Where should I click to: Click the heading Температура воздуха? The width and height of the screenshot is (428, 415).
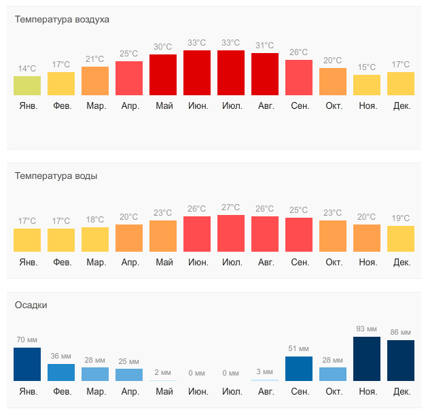(62, 19)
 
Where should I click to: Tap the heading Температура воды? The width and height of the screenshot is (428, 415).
(56, 176)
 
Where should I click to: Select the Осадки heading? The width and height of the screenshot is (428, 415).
(31, 305)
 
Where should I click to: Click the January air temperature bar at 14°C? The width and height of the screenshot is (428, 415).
(27, 86)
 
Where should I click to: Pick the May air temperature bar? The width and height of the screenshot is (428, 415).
(163, 75)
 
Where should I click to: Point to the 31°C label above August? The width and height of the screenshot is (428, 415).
(265, 46)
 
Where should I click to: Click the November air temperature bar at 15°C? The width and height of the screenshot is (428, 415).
(367, 85)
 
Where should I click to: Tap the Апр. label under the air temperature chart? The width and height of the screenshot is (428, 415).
(130, 106)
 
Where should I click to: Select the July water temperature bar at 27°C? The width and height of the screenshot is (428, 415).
(231, 233)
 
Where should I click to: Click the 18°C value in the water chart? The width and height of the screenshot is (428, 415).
(95, 220)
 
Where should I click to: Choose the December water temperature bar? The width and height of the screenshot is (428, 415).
(401, 239)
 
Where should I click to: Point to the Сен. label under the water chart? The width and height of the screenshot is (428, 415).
(300, 263)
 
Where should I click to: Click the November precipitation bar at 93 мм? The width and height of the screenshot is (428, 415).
(367, 359)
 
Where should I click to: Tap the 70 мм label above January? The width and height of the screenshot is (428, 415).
(27, 339)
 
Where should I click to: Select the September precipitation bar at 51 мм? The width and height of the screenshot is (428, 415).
(299, 369)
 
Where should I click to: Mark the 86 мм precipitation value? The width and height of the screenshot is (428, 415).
(401, 332)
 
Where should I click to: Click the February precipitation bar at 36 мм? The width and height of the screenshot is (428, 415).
(61, 372)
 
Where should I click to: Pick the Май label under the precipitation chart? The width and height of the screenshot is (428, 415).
(164, 392)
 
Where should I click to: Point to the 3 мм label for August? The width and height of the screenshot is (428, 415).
(265, 372)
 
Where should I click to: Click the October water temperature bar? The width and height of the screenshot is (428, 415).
(333, 236)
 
